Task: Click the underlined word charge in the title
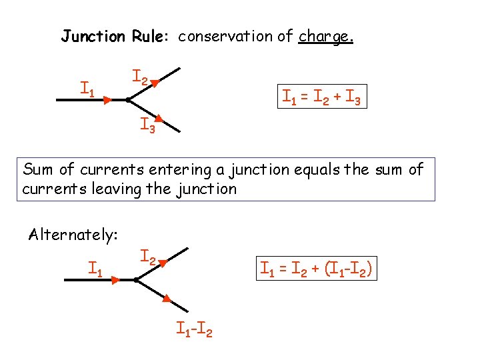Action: coord(325,36)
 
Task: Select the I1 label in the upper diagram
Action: coord(87,87)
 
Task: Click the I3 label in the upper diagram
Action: coord(147,125)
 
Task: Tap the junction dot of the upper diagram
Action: coord(127,100)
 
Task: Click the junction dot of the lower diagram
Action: coord(135,281)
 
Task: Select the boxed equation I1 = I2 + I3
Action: coord(322,98)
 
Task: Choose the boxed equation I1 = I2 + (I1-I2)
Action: coord(317,270)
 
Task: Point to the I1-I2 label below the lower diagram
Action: coord(194,329)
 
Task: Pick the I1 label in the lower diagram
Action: coord(95,269)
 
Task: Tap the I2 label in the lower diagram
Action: coord(147,256)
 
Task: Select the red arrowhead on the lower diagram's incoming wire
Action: coord(115,281)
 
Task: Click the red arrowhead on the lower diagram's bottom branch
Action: coord(168,299)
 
